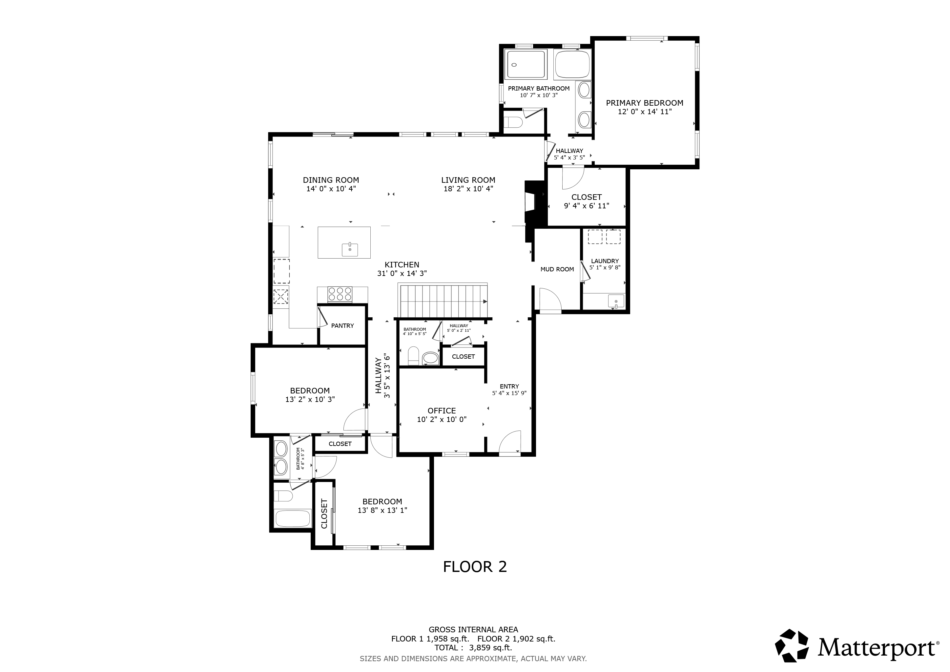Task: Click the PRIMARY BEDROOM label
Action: (x=644, y=103)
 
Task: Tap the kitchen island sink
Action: (x=350, y=249)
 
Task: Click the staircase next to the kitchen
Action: (x=443, y=301)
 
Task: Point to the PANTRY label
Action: (x=342, y=325)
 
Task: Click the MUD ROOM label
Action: (x=557, y=269)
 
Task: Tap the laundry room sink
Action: (x=616, y=301)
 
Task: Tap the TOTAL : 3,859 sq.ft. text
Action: (x=473, y=648)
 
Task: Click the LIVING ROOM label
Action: (x=468, y=180)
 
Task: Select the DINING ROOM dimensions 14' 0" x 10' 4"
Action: (x=331, y=189)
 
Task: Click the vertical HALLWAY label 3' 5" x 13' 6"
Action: (x=383, y=376)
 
